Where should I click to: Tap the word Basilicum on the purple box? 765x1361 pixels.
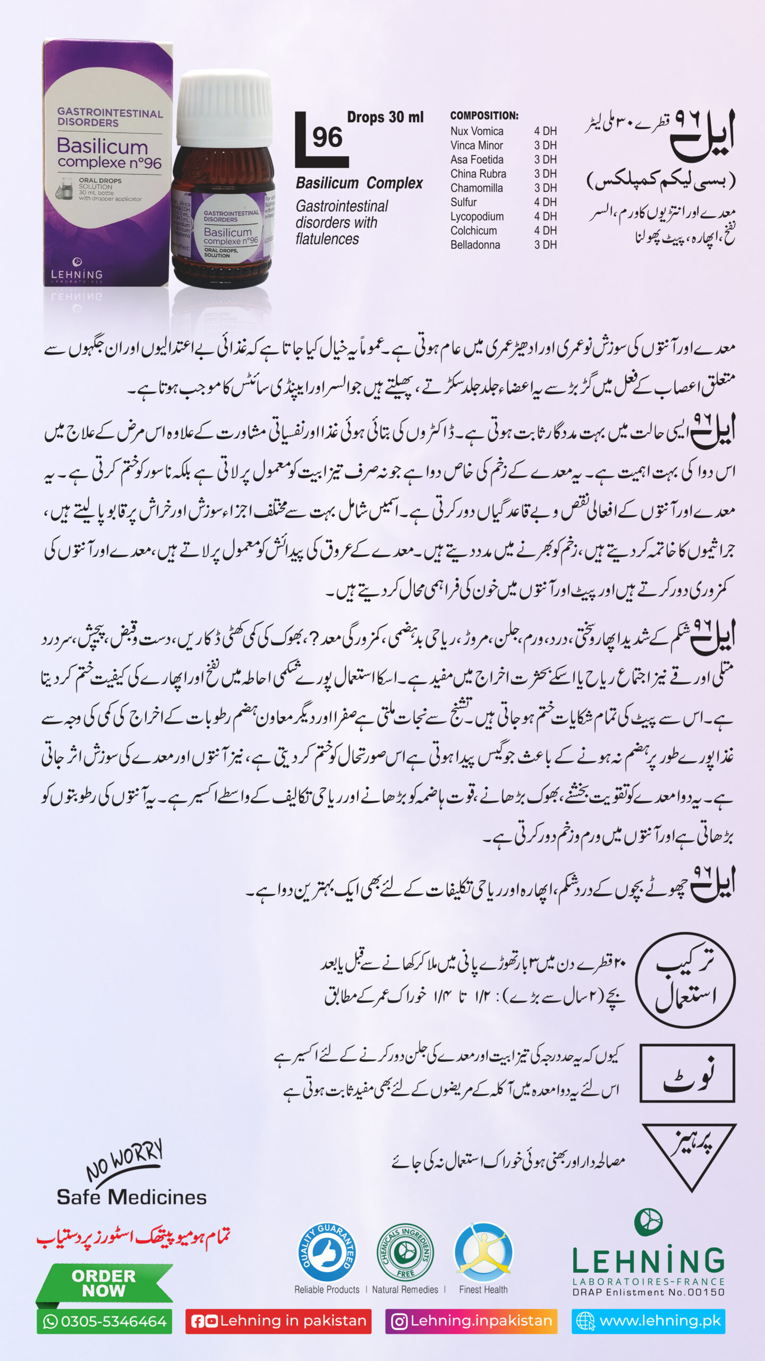point(102,146)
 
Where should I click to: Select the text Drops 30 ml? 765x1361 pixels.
point(385,117)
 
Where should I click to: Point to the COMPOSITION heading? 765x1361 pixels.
point(484,115)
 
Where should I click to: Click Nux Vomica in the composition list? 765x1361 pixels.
point(477,131)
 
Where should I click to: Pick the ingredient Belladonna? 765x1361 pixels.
point(475,245)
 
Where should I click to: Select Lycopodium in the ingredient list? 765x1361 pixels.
point(477,216)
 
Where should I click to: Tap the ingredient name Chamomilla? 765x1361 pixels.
point(476,188)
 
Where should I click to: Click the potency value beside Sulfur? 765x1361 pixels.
point(545,202)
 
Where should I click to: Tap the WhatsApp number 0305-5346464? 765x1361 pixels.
point(105,1322)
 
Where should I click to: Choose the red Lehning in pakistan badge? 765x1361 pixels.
point(278,1321)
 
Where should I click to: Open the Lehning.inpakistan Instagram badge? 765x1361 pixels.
point(471,1321)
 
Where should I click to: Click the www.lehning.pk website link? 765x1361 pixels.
point(648,1321)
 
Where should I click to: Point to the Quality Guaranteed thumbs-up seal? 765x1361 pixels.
point(327,1252)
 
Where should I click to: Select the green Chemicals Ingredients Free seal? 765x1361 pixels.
point(405,1252)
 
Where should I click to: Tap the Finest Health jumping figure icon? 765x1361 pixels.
point(483,1252)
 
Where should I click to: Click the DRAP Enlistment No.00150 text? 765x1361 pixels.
point(648,1292)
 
